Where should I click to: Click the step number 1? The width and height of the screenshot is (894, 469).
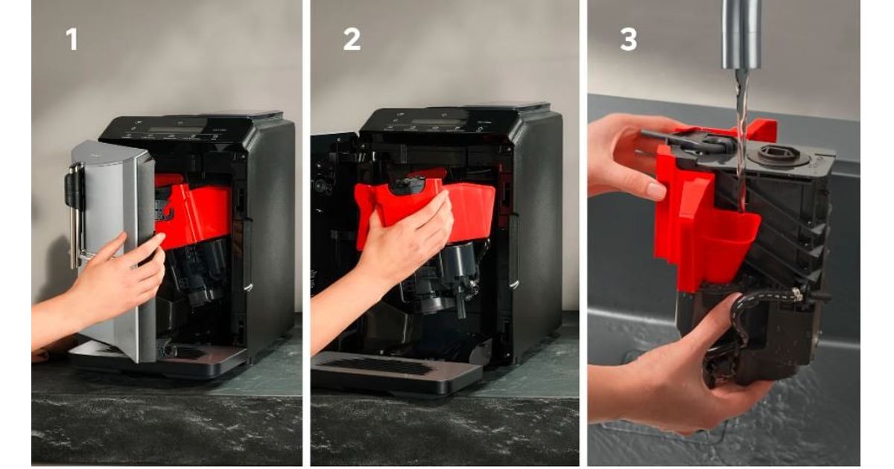(x=72, y=40)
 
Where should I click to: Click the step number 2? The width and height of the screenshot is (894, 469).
(x=352, y=40)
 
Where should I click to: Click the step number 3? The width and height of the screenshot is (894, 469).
(x=629, y=40)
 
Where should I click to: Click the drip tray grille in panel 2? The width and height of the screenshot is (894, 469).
(x=379, y=366)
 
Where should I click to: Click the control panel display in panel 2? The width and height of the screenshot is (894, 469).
(x=439, y=121)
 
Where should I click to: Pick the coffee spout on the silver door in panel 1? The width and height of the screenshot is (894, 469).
(x=74, y=215)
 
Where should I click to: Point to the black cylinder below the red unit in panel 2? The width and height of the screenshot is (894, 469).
(x=459, y=259)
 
